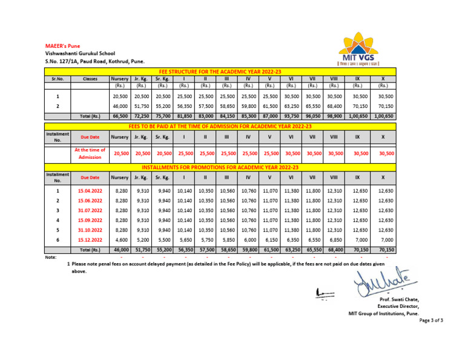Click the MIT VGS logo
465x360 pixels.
click(x=358, y=48)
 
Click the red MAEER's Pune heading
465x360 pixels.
click(x=63, y=45)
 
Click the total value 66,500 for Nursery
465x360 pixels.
click(x=120, y=116)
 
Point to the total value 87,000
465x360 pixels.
click(x=269, y=116)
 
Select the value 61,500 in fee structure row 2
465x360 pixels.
click(x=269, y=106)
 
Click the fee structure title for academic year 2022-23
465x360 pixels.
click(x=220, y=72)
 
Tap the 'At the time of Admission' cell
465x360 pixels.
click(x=90, y=153)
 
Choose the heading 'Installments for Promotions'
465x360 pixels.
click(x=220, y=167)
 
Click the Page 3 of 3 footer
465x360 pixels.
click(x=431, y=320)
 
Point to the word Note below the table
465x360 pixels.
click(x=51, y=257)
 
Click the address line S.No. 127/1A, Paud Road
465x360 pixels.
click(x=95, y=62)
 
